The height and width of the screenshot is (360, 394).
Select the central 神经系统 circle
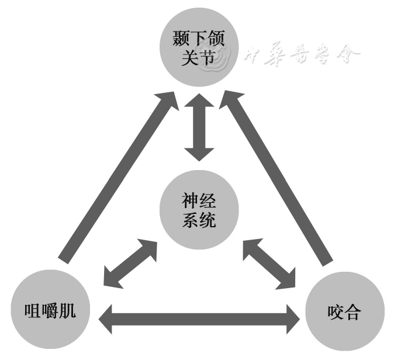[199, 211]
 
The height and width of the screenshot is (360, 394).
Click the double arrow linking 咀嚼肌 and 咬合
[198, 319]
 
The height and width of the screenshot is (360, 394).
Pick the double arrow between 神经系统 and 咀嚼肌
[129, 263]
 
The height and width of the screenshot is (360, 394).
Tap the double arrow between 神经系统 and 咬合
[269, 263]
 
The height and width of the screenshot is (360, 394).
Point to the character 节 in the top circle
[208, 58]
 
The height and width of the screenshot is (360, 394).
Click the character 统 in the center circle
[208, 220]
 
